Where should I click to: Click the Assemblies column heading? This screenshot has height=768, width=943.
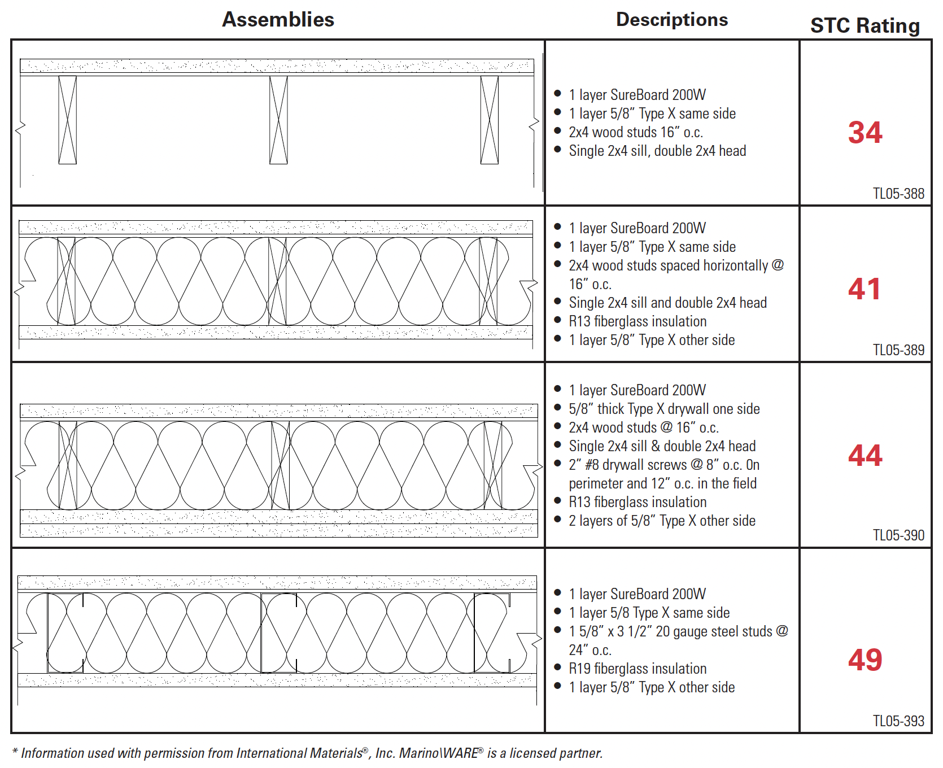(x=278, y=20)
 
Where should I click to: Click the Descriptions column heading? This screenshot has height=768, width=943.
(x=671, y=20)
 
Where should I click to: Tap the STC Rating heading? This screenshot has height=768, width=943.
(x=865, y=26)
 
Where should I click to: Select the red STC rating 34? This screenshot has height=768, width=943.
(x=865, y=133)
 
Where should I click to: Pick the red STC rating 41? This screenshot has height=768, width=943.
(x=865, y=289)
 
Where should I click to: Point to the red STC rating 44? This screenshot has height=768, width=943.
(x=865, y=456)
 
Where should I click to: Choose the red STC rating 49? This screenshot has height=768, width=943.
(x=865, y=660)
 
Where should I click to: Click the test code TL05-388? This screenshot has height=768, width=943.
(x=898, y=194)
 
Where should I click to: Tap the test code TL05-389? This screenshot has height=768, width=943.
(x=898, y=350)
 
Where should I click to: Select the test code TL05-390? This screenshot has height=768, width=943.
(x=898, y=535)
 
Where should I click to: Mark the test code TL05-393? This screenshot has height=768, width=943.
(x=898, y=721)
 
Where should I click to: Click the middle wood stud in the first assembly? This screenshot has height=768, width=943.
(x=278, y=120)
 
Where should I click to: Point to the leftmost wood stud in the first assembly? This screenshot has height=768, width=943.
(x=68, y=120)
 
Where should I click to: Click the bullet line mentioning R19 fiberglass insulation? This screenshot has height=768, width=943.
(x=638, y=669)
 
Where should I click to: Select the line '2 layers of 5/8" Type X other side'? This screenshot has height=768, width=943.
(x=662, y=521)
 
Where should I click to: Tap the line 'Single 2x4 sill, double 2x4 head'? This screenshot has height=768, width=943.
(x=657, y=151)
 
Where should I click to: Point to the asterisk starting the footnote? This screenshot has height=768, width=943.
(x=15, y=752)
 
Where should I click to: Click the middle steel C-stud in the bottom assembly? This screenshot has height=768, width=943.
(x=279, y=632)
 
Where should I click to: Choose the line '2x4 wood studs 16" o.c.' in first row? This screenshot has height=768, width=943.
(x=636, y=132)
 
